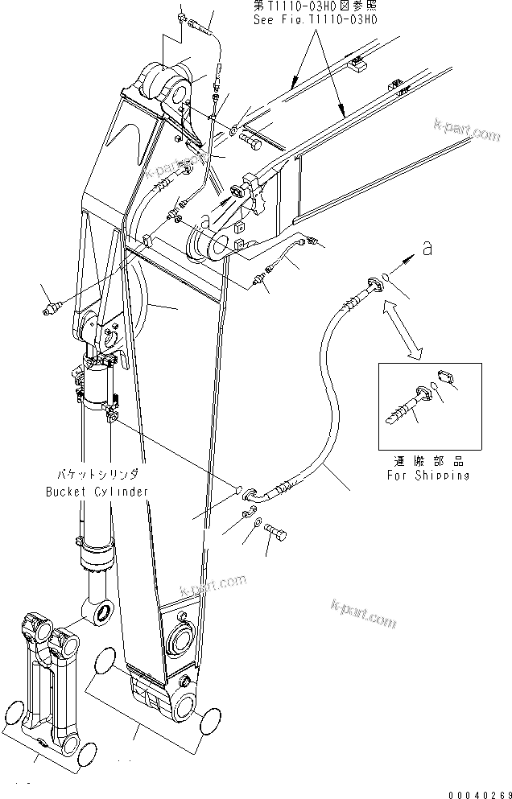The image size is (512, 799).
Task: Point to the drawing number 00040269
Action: point(480,790)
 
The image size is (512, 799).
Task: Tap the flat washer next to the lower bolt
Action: point(256,525)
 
